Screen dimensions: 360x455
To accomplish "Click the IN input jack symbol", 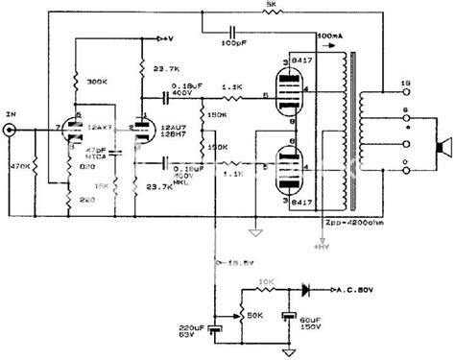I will click(12, 128).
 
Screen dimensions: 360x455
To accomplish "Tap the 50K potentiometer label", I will click(257, 314).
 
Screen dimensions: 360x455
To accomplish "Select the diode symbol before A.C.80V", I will click(307, 286).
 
